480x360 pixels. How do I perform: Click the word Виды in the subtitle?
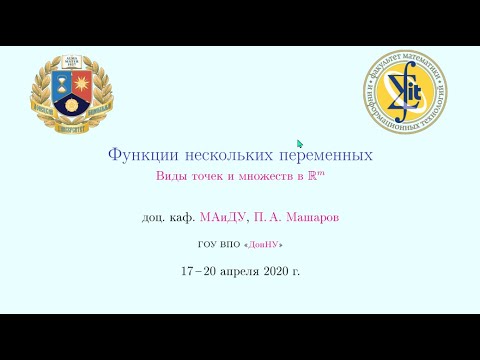click(171, 176)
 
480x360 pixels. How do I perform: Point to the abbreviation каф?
click(182, 215)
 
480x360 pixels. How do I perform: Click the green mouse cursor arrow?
click(299, 143)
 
